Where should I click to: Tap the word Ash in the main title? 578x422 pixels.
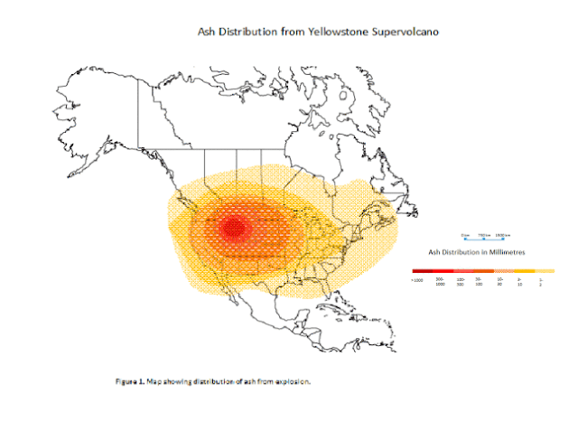pyautogui.click(x=207, y=31)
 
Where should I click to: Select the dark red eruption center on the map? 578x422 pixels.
pyautogui.click(x=233, y=228)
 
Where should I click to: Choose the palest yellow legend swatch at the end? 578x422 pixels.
pyautogui.click(x=543, y=270)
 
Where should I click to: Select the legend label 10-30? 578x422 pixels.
pyautogui.click(x=500, y=282)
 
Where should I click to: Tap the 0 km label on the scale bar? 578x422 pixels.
pyautogui.click(x=464, y=234)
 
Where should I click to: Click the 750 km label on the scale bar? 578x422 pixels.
pyautogui.click(x=483, y=234)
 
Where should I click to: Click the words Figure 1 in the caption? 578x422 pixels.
pyautogui.click(x=128, y=382)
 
